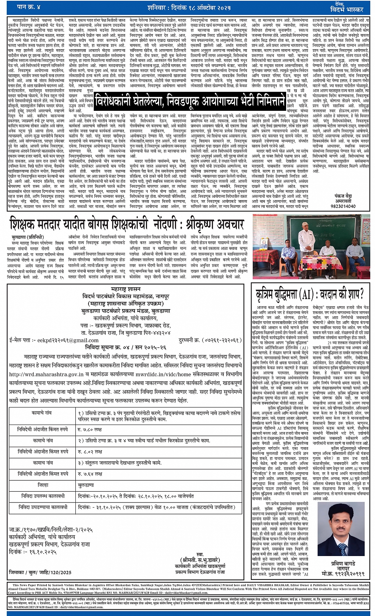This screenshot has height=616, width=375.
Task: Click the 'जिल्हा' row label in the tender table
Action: click(43, 485)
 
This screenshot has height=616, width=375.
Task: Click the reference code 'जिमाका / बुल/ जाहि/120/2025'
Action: click(40, 572)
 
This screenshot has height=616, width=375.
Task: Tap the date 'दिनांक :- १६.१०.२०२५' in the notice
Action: click(33, 552)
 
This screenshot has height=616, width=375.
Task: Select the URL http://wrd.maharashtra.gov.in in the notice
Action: click(47, 374)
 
